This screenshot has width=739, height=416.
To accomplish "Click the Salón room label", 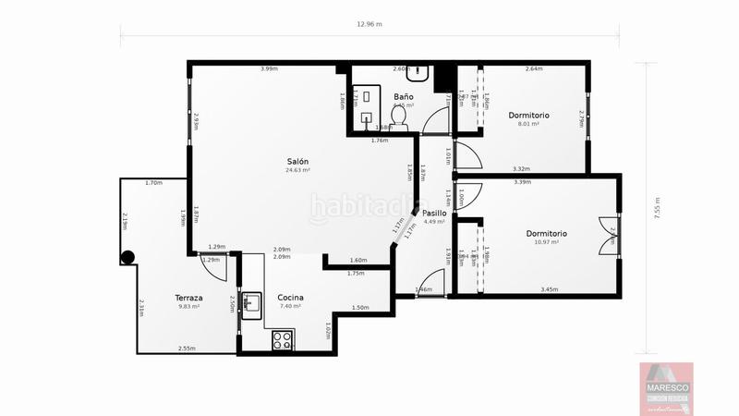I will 297,161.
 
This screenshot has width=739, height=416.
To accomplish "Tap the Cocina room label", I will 290,298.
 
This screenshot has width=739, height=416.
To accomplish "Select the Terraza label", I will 188,298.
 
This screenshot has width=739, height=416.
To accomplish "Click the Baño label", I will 403,96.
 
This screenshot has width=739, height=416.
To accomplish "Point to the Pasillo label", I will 435,213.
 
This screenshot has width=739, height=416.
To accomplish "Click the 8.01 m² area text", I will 528,123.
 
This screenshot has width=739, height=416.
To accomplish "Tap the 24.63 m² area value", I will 297,170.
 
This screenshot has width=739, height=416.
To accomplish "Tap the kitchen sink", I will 251,301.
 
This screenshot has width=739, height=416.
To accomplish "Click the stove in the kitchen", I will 283,339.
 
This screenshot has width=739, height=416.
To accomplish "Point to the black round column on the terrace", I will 127,258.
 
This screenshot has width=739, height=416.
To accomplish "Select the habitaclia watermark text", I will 369,207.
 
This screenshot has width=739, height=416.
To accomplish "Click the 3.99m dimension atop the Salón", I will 269,69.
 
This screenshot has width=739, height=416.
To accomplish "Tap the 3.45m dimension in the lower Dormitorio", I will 549,290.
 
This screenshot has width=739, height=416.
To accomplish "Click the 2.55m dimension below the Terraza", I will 187,349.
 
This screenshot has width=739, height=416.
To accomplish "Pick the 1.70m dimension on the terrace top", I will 153,183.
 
